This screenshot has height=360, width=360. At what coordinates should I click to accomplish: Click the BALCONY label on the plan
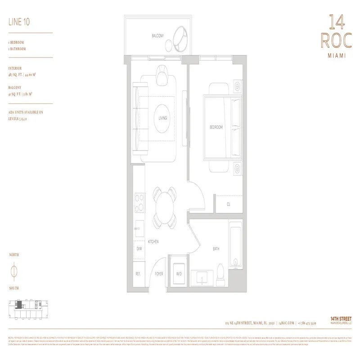(x=157, y=36)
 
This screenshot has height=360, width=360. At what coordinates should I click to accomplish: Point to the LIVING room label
(x=162, y=118)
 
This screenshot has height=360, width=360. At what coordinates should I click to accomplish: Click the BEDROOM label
(x=216, y=127)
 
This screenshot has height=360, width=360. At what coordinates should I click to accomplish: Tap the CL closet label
(x=229, y=204)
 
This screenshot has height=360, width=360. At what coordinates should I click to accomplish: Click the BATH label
(x=216, y=248)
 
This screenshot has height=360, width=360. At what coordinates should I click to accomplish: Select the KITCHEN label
(x=153, y=242)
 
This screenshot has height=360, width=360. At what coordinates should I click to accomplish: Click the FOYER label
(x=159, y=273)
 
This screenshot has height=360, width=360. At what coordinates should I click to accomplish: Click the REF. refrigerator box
(x=139, y=273)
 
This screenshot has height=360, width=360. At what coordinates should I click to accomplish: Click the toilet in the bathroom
(x=220, y=271)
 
